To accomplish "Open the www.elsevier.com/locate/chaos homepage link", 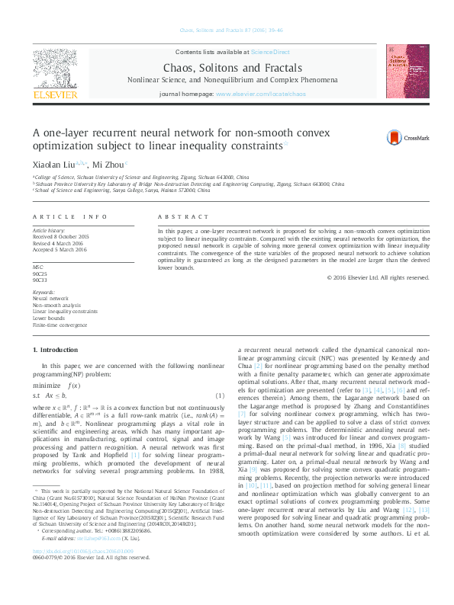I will pos(261,94).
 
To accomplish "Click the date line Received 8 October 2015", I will pos(60,237).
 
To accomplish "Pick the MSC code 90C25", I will pos(39,274).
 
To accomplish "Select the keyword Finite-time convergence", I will pos(59,325).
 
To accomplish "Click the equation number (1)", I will pos(218,395).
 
